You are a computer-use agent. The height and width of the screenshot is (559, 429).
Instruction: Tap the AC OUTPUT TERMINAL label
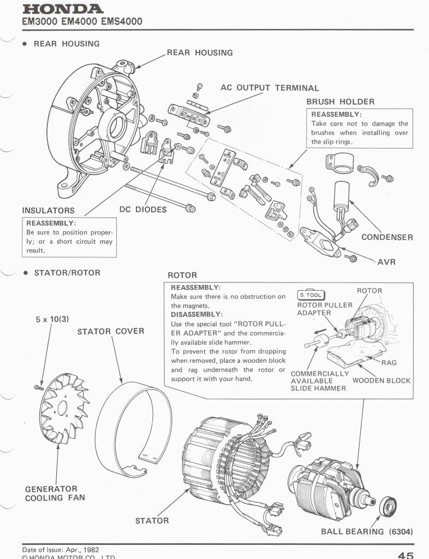(270, 87)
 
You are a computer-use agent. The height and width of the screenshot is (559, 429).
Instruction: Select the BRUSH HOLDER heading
(340, 102)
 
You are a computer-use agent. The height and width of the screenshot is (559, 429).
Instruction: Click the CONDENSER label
(387, 238)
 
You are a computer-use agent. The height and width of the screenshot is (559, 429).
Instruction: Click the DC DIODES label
(143, 210)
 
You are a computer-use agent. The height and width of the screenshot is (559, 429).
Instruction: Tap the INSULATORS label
(48, 210)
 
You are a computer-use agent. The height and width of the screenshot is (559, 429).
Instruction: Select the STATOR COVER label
(111, 332)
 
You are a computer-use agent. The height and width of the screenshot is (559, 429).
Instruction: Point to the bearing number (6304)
(400, 532)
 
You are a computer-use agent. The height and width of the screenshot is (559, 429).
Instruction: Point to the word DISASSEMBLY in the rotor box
(196, 315)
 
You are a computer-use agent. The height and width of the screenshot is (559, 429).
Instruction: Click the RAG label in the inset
(389, 362)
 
